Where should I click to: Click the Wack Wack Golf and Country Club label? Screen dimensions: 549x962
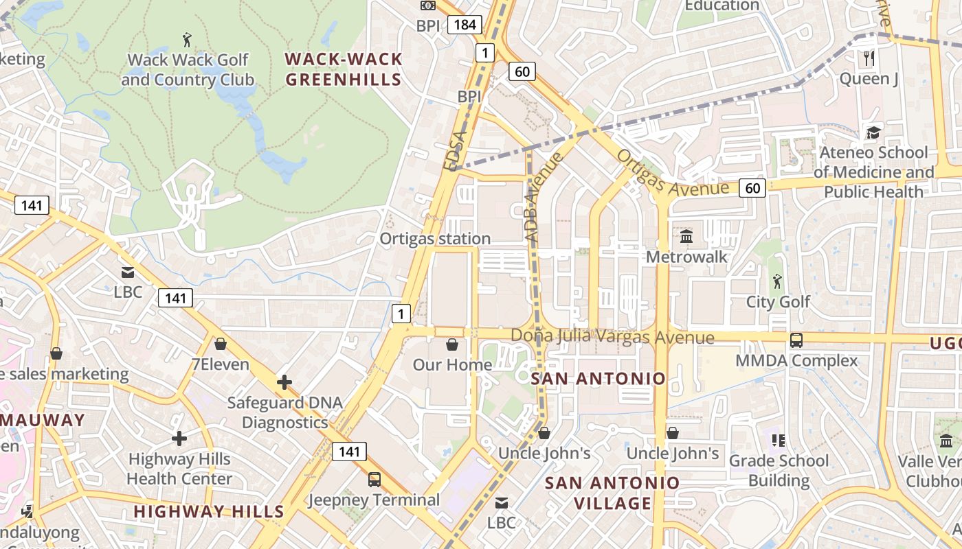click(x=188, y=70)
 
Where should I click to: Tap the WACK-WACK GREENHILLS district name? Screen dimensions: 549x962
click(x=344, y=69)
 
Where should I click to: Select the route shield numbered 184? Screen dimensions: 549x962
click(x=465, y=25)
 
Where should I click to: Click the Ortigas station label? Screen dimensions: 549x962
click(x=436, y=239)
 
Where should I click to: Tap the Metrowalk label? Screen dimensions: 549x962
click(x=686, y=257)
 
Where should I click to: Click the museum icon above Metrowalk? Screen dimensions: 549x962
click(x=686, y=237)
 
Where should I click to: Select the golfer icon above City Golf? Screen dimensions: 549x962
click(x=777, y=281)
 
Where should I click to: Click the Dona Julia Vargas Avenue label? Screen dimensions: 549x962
click(x=612, y=338)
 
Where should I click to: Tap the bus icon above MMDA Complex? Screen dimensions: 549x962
click(x=796, y=340)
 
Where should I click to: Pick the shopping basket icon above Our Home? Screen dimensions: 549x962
click(x=452, y=344)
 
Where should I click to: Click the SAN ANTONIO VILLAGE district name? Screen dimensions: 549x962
click(x=612, y=493)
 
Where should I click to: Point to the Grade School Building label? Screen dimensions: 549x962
click(x=779, y=470)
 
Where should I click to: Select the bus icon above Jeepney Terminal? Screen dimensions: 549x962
click(x=374, y=479)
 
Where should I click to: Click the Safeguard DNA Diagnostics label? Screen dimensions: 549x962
click(x=284, y=412)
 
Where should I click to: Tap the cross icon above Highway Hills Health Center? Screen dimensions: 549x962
click(x=179, y=439)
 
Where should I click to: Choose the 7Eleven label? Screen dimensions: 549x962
click(x=221, y=364)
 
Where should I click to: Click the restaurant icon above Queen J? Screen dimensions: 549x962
click(x=869, y=58)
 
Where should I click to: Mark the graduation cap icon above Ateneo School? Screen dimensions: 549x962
click(x=873, y=132)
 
